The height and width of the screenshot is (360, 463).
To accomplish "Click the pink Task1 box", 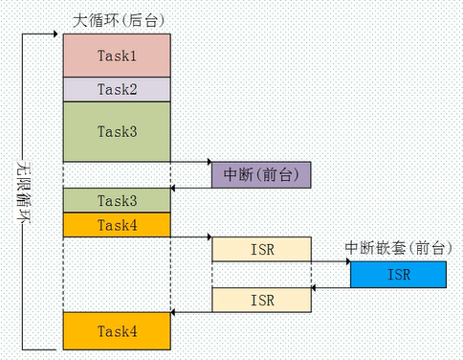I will click(117, 56).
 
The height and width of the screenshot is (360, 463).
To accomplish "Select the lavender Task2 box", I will click(117, 89).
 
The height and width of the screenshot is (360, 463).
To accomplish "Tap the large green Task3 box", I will click(117, 130).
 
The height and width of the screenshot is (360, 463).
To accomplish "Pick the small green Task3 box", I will click(117, 200).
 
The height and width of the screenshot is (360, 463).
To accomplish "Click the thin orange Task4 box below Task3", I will click(117, 225).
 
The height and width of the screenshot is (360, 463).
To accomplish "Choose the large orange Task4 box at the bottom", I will click(117, 330).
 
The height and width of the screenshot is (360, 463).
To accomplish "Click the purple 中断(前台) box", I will click(261, 175).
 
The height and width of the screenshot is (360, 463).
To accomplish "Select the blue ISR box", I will click(397, 275).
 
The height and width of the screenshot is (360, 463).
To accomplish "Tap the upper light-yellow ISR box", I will click(261, 250).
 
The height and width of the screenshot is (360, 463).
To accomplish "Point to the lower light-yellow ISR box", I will click(261, 300).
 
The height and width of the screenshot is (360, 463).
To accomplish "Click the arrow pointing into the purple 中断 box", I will click(191, 163).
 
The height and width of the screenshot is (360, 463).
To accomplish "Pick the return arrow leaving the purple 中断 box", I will click(191, 188).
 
